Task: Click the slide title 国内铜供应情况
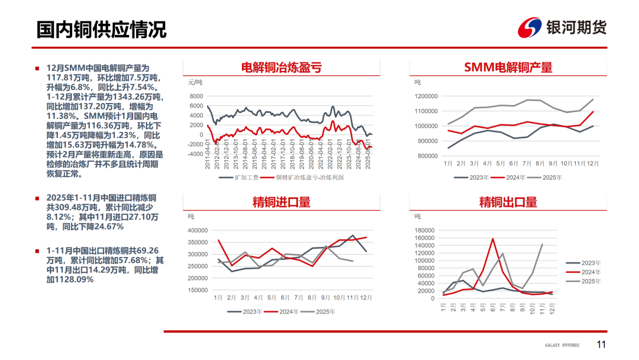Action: pos(101,29)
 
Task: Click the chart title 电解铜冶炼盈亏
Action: pos(282,67)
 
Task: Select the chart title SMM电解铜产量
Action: pos(508,67)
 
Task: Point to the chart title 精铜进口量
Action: pos(282,202)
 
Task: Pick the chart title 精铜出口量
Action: pos(508,202)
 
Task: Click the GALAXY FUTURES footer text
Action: pos(562,345)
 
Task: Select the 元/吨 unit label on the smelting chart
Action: pos(195,82)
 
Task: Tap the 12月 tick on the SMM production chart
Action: pos(592,163)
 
